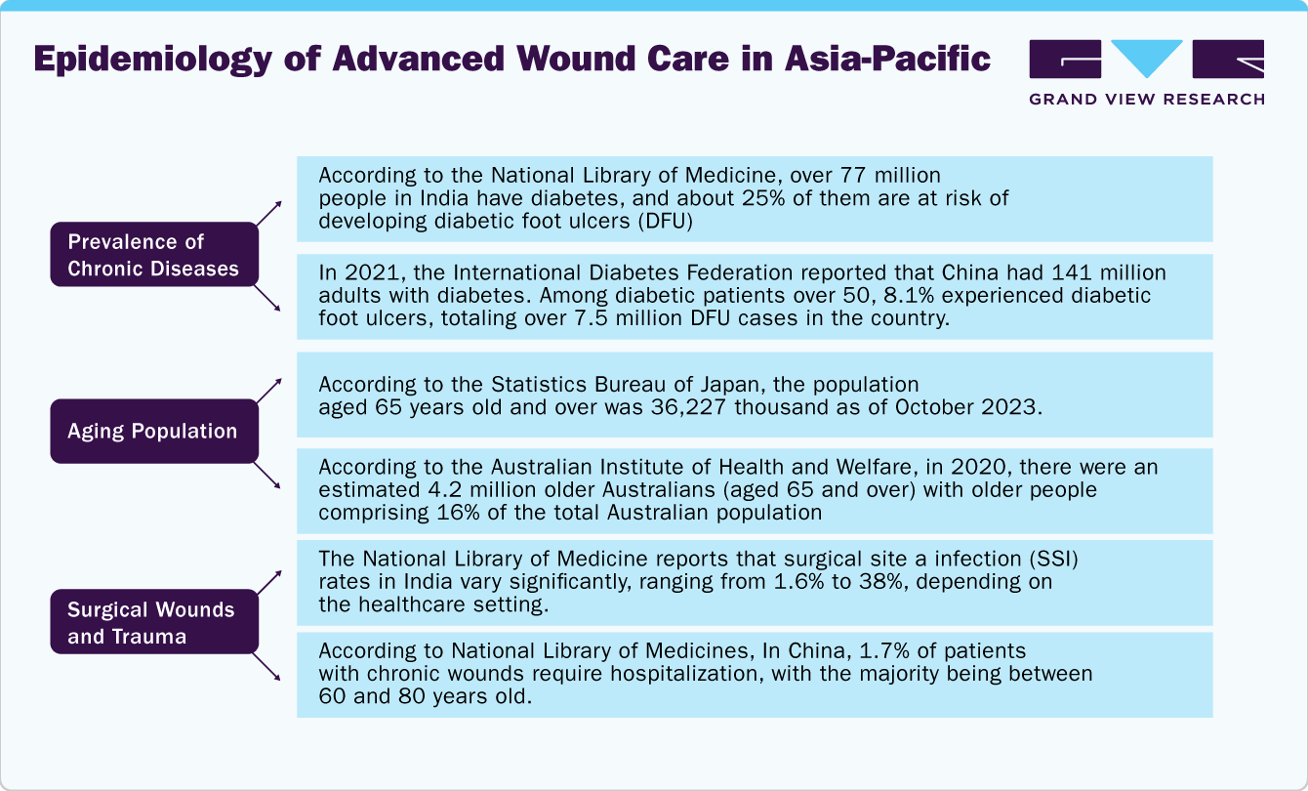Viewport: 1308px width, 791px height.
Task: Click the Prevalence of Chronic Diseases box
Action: [x=154, y=255]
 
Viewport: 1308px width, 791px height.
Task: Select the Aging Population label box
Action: [x=154, y=431]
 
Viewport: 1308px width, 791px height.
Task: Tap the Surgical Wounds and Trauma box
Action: [x=154, y=623]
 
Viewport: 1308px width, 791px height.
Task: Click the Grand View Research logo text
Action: [x=1147, y=99]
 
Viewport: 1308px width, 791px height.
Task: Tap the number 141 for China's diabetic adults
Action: [x=1052, y=273]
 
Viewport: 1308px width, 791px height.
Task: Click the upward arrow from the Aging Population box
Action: [x=269, y=390]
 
